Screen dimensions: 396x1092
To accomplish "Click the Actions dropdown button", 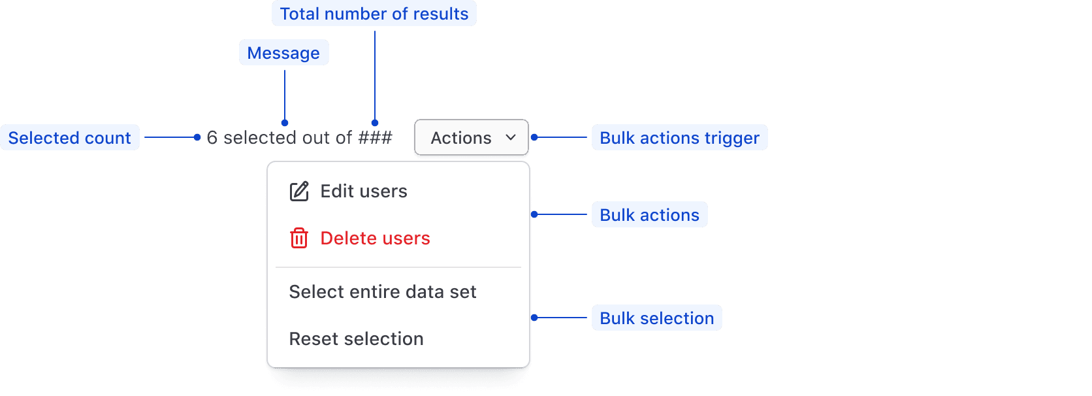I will pyautogui.click(x=471, y=137).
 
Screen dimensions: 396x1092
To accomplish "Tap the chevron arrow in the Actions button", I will pyautogui.click(x=511, y=137).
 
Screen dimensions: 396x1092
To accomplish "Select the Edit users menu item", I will pyautogui.click(x=363, y=191).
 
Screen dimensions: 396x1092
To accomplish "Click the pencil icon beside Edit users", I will pyautogui.click(x=299, y=191).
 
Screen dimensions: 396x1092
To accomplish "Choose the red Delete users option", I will pyautogui.click(x=375, y=239).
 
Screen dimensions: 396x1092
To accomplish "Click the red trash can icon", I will pyautogui.click(x=299, y=239).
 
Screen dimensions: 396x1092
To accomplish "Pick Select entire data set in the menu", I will pyautogui.click(x=383, y=292).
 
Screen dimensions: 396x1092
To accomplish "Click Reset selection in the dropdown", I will pyautogui.click(x=357, y=339).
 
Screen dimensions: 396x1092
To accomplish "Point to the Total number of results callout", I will pyautogui.click(x=374, y=14).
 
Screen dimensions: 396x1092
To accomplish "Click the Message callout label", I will pyautogui.click(x=283, y=53).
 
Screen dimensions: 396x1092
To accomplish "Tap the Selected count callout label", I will pyautogui.click(x=70, y=138).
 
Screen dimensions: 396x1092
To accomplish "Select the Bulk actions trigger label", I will pyautogui.click(x=679, y=138).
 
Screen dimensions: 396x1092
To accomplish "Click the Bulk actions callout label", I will pyautogui.click(x=649, y=215).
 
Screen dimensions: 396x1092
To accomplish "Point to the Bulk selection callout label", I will pyautogui.click(x=656, y=318).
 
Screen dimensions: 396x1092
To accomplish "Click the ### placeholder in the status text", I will pyautogui.click(x=375, y=138).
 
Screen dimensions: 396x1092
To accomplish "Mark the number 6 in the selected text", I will pyautogui.click(x=212, y=138).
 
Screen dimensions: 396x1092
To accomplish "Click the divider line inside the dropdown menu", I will pyautogui.click(x=398, y=267).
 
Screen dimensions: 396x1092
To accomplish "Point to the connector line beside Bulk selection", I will pyautogui.click(x=562, y=318).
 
